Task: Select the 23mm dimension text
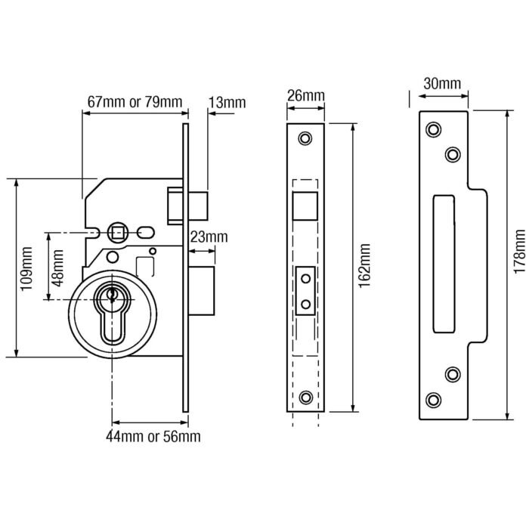[208, 237]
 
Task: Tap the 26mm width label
[305, 96]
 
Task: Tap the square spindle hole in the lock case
[118, 230]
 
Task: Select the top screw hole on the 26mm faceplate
[305, 139]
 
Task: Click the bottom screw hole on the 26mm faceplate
[305, 398]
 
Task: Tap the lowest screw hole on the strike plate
[433, 400]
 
